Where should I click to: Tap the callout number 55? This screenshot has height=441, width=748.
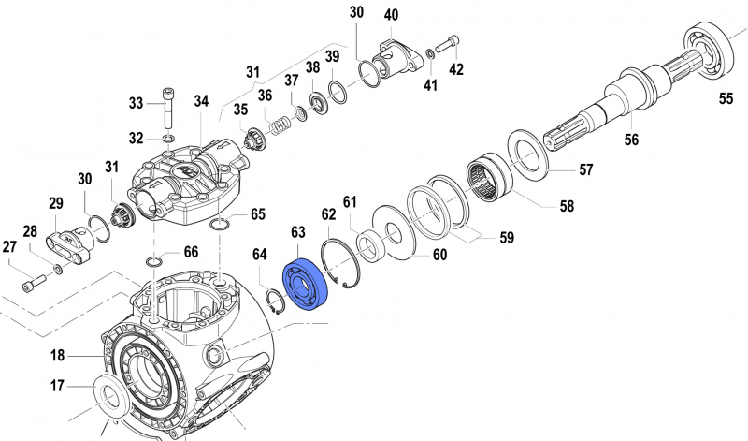point(726,97)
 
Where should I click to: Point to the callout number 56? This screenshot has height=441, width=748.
point(632,139)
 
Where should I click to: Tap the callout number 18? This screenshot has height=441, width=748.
point(58,356)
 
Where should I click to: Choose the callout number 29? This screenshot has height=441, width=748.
point(55,203)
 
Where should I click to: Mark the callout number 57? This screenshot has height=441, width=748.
point(585,169)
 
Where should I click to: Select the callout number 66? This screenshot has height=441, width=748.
point(191,252)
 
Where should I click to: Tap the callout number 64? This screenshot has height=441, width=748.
point(260,253)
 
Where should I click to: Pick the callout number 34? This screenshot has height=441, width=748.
point(201,101)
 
